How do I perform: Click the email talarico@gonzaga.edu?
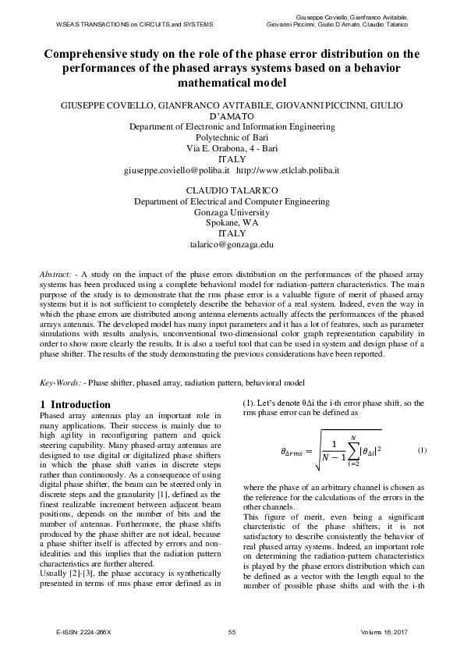pos(232,244)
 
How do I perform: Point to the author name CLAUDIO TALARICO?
pos(232,190)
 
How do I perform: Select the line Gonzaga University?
pos(232,211)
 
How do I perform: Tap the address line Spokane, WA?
pos(232,222)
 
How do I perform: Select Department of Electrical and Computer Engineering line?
pos(232,201)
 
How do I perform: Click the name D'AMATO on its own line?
pos(232,115)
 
